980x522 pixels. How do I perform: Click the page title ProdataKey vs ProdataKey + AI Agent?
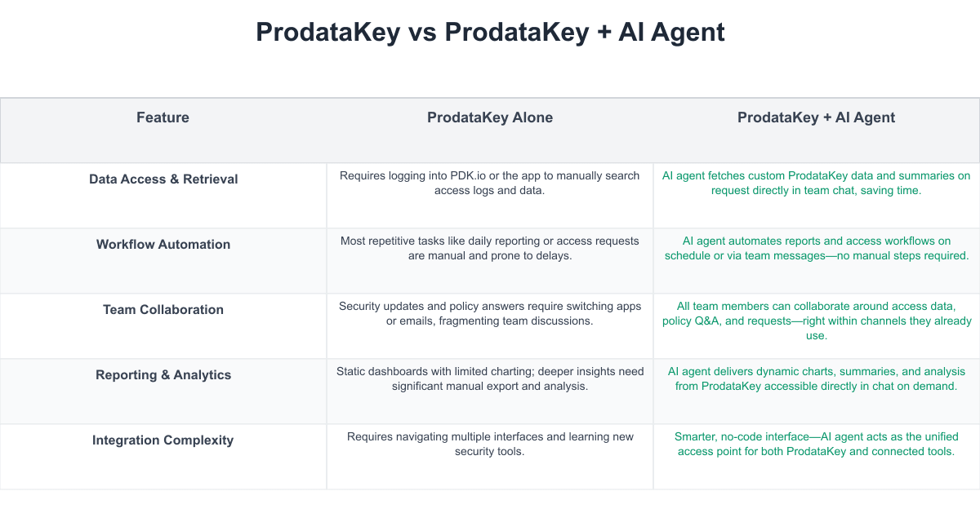pos(490,32)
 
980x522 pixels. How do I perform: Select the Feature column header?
pos(163,117)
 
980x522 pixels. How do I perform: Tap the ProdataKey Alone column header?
pos(490,117)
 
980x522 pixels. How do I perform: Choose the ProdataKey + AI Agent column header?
pos(817,117)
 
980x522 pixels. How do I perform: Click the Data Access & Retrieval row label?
pos(163,179)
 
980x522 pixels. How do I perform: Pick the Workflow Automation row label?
pos(163,244)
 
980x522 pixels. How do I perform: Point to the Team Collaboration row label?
pos(163,309)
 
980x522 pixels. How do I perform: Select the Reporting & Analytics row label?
pos(163,375)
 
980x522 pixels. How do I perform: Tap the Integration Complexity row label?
pos(163,440)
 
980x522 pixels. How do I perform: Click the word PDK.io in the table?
pos(468,175)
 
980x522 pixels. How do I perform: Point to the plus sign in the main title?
pos(604,33)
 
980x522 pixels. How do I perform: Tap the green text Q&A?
pos(706,321)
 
